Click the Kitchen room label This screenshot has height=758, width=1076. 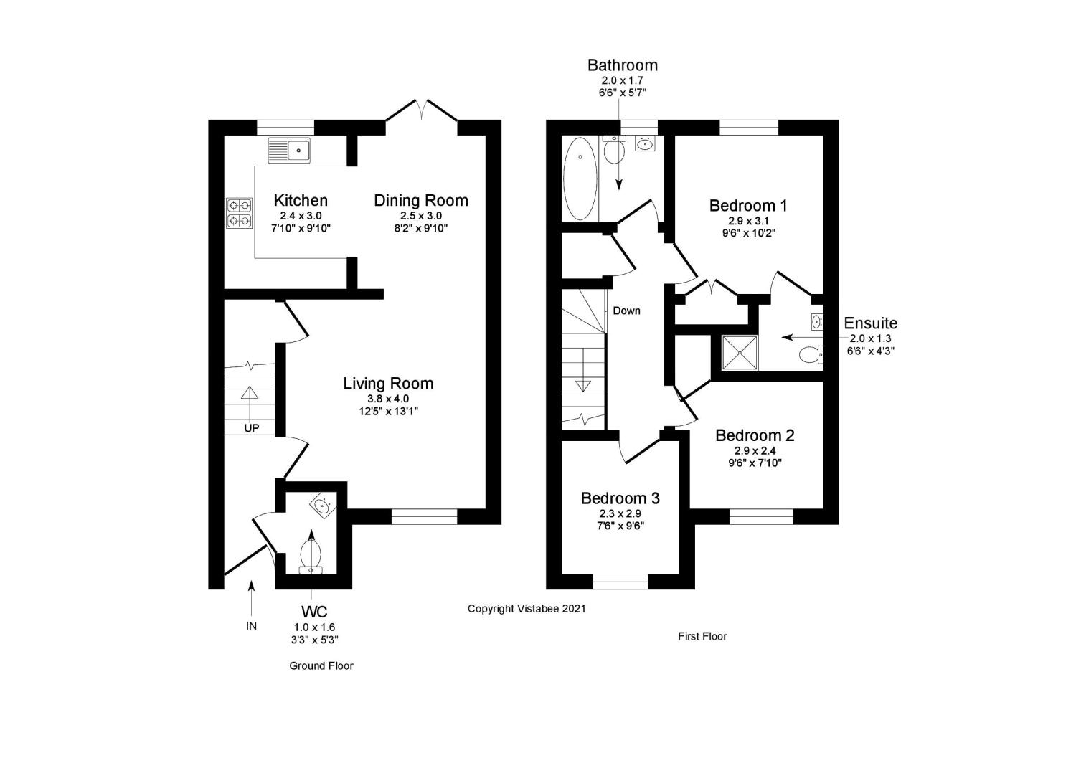(x=301, y=201)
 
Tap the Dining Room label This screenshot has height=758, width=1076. (x=421, y=201)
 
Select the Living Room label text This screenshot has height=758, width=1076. (x=388, y=384)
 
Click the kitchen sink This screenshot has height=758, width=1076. (x=289, y=150)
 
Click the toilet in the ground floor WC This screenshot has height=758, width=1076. (x=311, y=554)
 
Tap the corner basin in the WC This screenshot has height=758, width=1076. (x=322, y=506)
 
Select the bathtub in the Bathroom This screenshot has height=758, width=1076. (x=580, y=179)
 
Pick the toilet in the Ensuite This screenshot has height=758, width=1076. (x=811, y=355)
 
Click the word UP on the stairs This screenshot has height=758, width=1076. (x=252, y=428)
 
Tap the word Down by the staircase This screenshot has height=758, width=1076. (x=626, y=311)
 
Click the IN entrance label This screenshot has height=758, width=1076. (x=251, y=626)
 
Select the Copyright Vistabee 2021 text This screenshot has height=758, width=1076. (x=527, y=609)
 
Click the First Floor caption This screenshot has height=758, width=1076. (x=702, y=636)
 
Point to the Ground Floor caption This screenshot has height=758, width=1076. (x=321, y=665)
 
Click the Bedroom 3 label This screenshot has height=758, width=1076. (x=620, y=498)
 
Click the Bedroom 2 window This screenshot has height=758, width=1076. (x=762, y=516)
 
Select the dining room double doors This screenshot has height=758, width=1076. (x=422, y=111)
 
